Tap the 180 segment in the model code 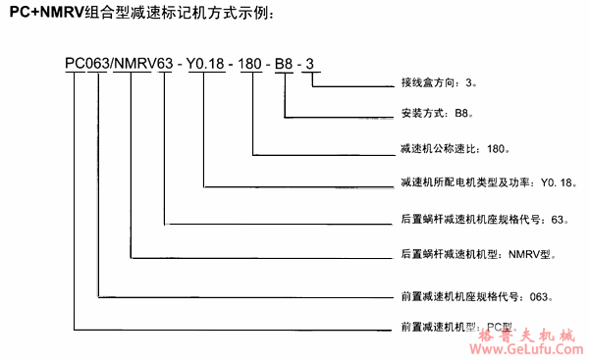253,66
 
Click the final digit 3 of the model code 312,66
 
